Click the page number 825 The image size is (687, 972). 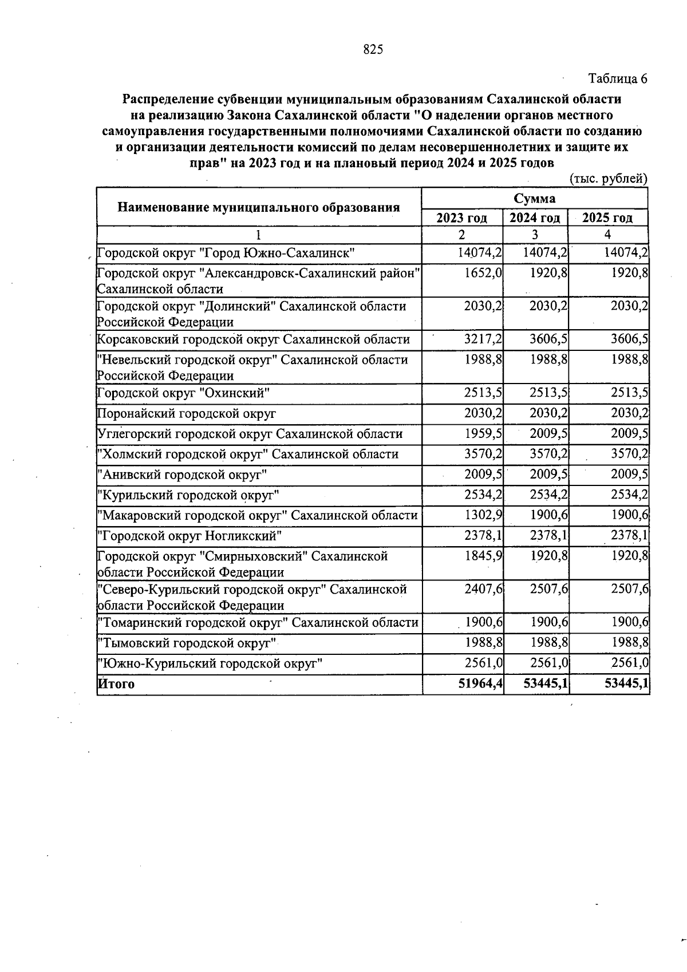tap(373, 50)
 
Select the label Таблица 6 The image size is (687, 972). tap(618, 78)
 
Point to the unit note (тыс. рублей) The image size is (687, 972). tap(609, 179)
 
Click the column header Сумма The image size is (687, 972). tap(534, 198)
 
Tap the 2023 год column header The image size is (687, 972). tap(461, 218)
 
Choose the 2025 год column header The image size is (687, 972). tap(607, 218)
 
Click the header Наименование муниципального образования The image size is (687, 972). tap(258, 207)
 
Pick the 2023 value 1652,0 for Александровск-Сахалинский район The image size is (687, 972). tap(483, 273)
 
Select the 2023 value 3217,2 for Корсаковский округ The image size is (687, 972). tap(483, 339)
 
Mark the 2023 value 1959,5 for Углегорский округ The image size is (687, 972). tap(483, 433)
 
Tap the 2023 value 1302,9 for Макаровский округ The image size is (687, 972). tap(483, 515)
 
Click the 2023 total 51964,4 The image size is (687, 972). tap(480, 683)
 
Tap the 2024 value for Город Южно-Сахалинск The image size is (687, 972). tap(546, 252)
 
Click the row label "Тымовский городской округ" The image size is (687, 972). tap(187, 643)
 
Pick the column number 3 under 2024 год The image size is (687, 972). tap(534, 235)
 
